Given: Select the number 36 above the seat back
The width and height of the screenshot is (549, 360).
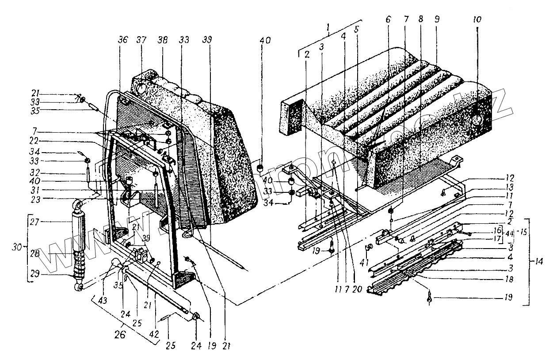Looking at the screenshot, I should click(x=122, y=40).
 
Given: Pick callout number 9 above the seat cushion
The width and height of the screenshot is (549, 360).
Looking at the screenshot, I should click(x=437, y=20).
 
